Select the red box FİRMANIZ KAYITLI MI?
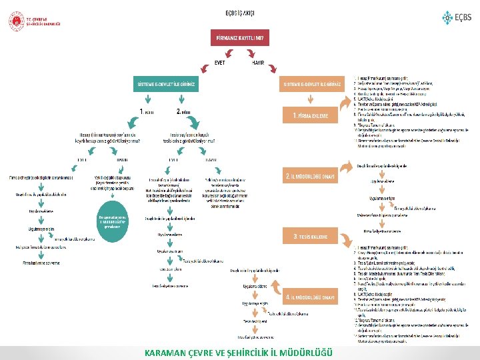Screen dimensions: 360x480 tap(240, 38)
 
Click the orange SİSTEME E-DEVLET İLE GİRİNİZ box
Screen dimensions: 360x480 tap(313, 85)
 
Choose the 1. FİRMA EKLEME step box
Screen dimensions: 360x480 tap(313, 116)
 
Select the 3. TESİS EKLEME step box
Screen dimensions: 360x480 tap(313, 236)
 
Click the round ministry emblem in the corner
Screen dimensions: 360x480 tap(15, 21)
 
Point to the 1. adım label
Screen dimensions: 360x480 tap(147, 111)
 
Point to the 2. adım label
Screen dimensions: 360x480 tap(184, 111)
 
